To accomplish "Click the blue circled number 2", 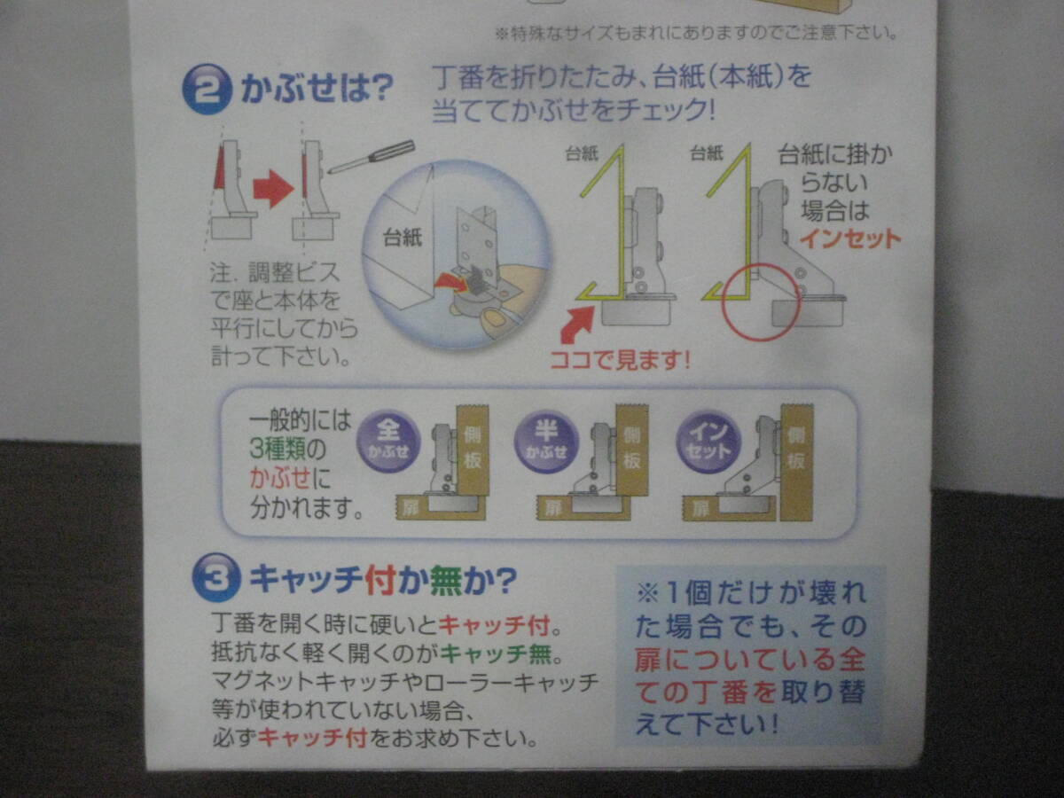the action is [207, 90].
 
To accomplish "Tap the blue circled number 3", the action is [216, 578].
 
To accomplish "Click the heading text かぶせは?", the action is [317, 88].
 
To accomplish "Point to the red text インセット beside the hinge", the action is [850, 239].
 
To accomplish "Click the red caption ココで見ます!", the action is [620, 360].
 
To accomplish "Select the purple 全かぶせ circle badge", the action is [388, 442].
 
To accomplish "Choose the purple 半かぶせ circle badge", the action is [546, 442].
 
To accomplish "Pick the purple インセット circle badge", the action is [708, 442].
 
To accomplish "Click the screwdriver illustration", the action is [372, 157].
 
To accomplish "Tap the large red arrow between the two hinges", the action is [273, 189].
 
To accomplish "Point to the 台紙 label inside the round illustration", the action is [403, 238].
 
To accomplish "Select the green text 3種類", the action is [278, 450].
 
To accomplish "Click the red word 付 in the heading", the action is [381, 580].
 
